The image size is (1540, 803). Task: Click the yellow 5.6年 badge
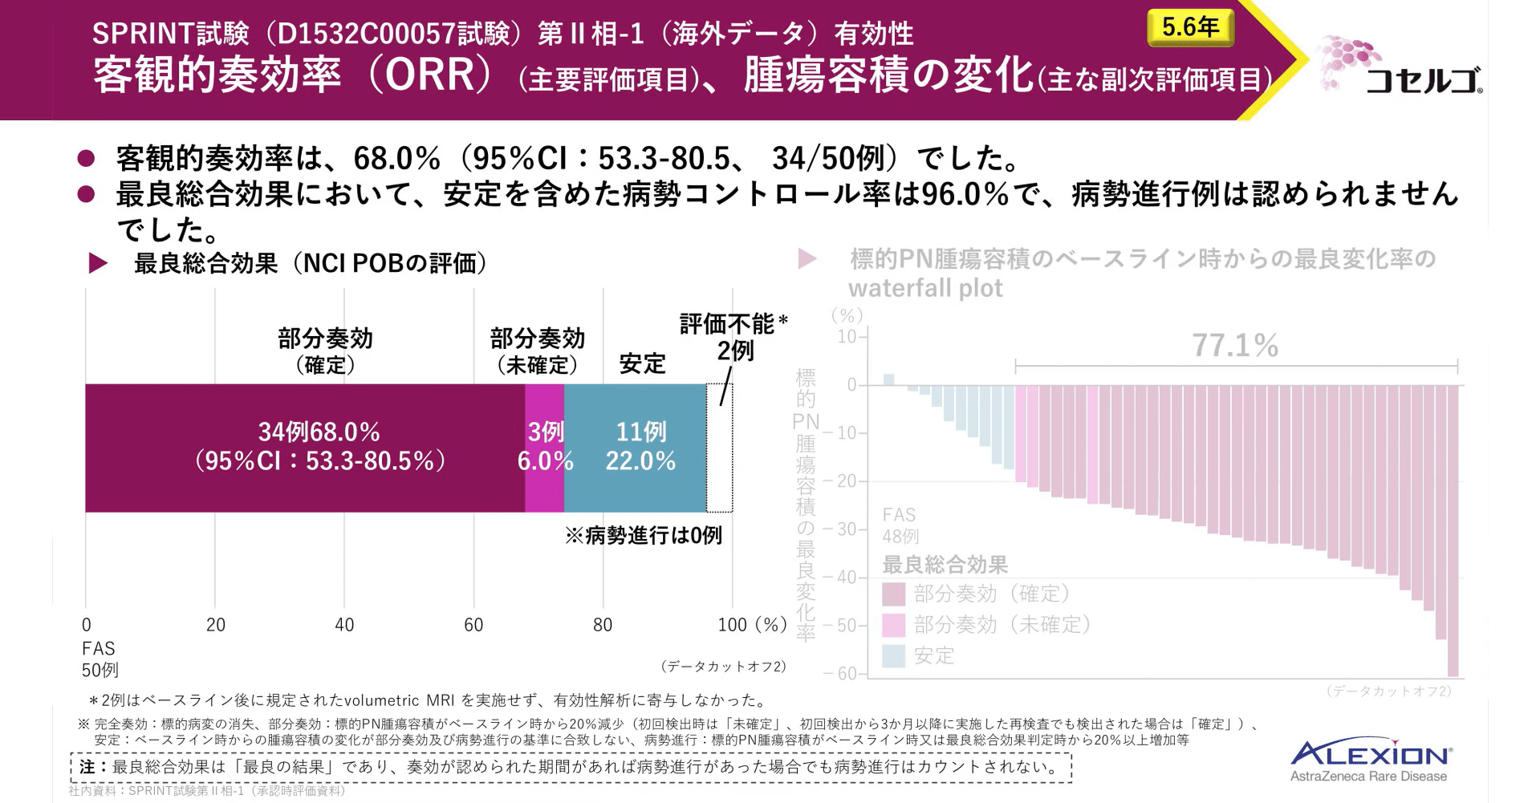point(1190,27)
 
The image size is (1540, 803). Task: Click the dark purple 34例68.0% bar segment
point(305,448)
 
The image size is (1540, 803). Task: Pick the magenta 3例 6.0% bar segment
point(545,448)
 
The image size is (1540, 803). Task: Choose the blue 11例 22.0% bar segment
point(636,448)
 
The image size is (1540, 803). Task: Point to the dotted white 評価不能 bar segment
point(719,448)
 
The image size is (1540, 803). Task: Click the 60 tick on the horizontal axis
point(473,625)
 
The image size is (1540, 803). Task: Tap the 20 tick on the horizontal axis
point(215,625)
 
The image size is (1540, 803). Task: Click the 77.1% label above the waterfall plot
point(1235,346)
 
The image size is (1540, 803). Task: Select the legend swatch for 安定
point(893,656)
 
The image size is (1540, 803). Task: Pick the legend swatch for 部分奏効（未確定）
point(893,625)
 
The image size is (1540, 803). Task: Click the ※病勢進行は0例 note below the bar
point(644,535)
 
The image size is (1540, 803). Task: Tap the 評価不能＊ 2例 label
point(733,337)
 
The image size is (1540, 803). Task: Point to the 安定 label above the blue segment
point(642,363)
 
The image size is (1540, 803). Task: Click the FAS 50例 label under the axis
point(100,659)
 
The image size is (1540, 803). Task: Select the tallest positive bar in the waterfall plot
point(888,379)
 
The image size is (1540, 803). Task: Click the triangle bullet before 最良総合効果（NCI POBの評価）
point(98,263)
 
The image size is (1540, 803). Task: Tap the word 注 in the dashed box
point(87,767)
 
